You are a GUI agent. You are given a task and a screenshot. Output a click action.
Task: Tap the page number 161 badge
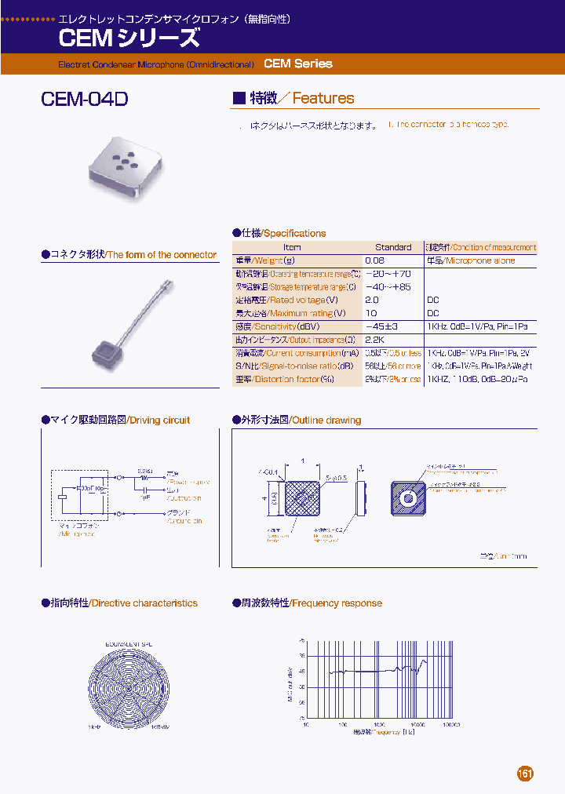pos(525,773)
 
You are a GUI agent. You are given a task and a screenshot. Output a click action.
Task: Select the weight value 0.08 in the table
pos(374,260)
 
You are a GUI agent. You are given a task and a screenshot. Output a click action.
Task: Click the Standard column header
pos(392,247)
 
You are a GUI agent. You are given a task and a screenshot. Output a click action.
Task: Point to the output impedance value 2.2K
pos(374,340)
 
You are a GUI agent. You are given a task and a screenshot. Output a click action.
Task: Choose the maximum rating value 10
pos(370,313)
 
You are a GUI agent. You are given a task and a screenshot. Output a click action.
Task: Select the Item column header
pos(291,247)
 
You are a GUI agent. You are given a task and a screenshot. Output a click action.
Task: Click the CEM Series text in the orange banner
pos(298,64)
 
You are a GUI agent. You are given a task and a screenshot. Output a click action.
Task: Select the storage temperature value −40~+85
pos(388,287)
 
